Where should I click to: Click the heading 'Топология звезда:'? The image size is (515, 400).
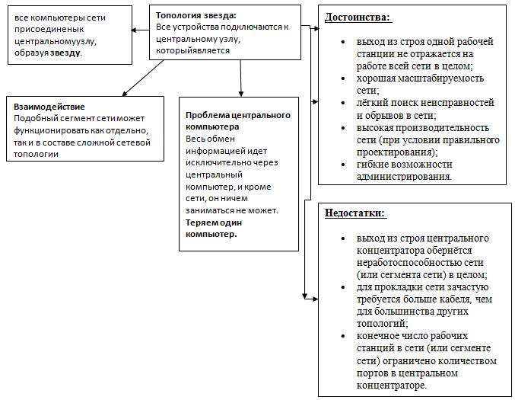pyautogui.click(x=196, y=14)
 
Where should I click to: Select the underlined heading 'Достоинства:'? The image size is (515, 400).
pyautogui.click(x=358, y=17)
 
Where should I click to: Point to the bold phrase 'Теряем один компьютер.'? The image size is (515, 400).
pyautogui.click(x=211, y=229)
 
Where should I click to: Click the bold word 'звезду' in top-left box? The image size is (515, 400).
pyautogui.click(x=65, y=54)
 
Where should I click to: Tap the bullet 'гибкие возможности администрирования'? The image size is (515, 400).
pyautogui.click(x=399, y=170)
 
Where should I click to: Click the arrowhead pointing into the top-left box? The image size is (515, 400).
pyautogui.click(x=133, y=30)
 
